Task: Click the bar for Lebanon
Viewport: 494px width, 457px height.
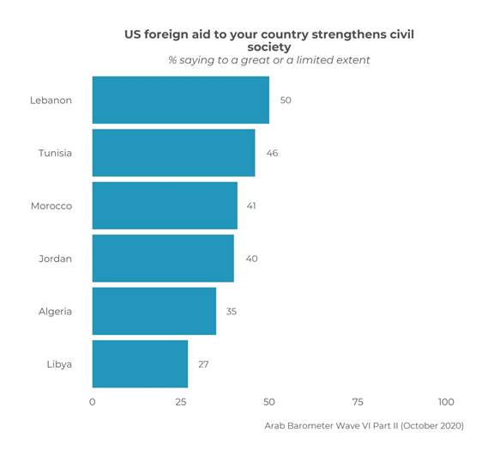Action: click(180, 100)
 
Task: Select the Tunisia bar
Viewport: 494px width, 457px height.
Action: click(173, 153)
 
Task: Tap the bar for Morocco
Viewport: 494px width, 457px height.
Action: click(165, 205)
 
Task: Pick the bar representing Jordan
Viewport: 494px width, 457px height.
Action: click(163, 259)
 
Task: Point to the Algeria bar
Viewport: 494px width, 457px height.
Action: click(154, 311)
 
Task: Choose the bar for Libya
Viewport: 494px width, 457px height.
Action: click(140, 364)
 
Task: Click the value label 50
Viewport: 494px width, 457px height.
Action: click(286, 101)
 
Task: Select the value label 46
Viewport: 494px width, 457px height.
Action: click(272, 153)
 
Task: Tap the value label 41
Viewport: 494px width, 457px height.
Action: click(250, 206)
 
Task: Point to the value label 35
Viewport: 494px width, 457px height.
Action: click(231, 312)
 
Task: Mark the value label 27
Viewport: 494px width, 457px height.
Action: click(203, 364)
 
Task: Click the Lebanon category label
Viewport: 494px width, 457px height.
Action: click(51, 101)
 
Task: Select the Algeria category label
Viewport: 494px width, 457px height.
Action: click(55, 312)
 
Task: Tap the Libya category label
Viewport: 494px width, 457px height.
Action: click(59, 364)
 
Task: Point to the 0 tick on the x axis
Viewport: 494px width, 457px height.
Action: click(92, 402)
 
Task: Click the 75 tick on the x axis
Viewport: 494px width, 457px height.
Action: click(358, 402)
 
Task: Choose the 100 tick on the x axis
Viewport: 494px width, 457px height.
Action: click(446, 402)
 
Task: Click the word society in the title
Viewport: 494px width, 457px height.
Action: click(269, 46)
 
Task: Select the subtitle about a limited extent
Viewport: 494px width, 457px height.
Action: click(269, 60)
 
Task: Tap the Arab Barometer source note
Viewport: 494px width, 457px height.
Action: click(364, 425)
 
